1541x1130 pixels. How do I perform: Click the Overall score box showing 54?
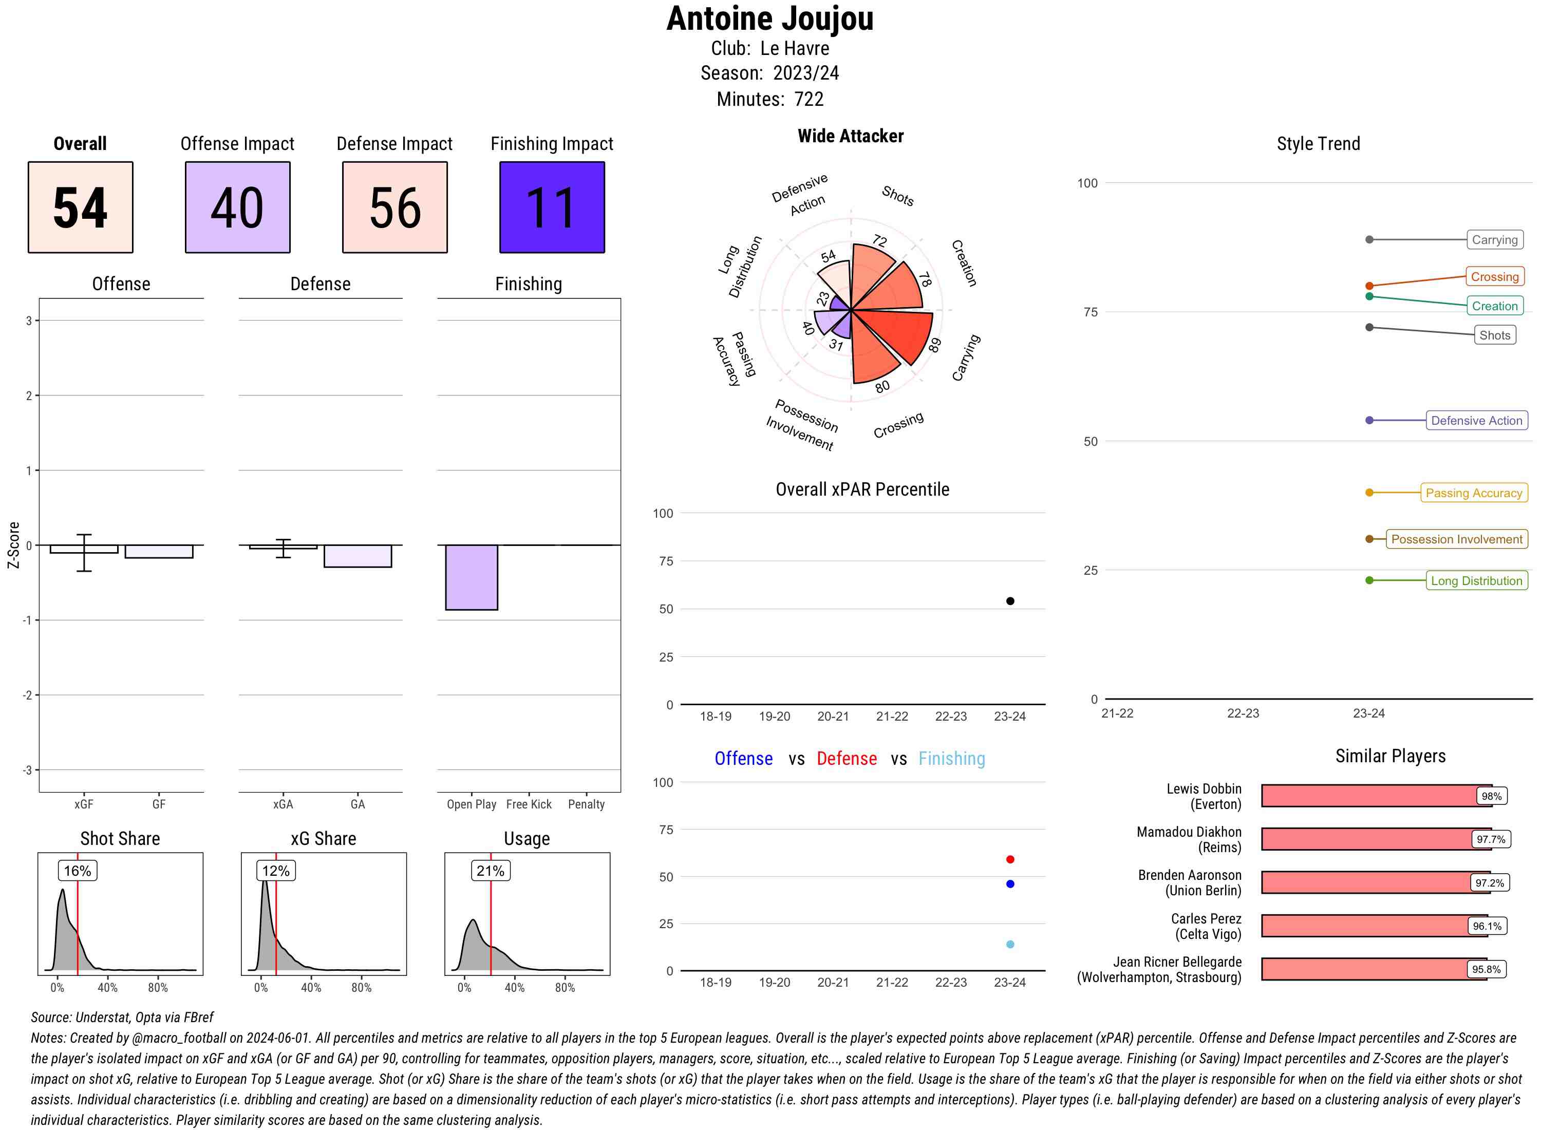(80, 208)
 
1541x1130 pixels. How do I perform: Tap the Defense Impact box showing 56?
(394, 208)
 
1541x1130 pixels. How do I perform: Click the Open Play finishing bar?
(471, 577)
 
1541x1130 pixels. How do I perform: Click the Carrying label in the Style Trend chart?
(1494, 239)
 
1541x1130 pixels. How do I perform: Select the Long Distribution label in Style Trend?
(1476, 581)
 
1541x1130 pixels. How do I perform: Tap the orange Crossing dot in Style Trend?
(1368, 286)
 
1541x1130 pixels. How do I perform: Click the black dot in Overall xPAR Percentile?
(1009, 601)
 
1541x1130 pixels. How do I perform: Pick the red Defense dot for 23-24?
(1009, 859)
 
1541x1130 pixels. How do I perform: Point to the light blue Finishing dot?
(1009, 944)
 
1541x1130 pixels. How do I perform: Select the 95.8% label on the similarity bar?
(1486, 969)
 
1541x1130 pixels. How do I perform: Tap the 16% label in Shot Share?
(77, 871)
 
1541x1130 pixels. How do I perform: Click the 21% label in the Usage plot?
(491, 871)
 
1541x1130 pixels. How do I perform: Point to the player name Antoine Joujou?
(769, 19)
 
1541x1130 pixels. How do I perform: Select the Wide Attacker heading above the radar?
(850, 136)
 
